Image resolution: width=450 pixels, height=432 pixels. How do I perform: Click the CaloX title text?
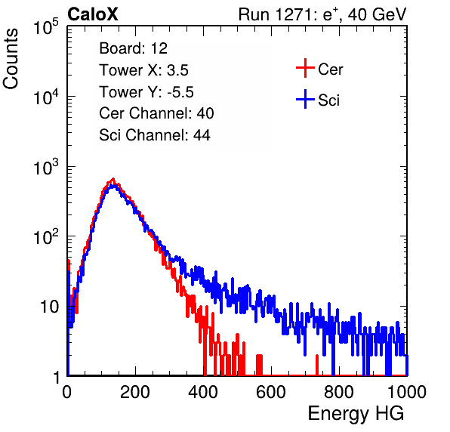pyautogui.click(x=93, y=14)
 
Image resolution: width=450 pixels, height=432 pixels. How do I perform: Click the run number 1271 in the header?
pyautogui.click(x=293, y=14)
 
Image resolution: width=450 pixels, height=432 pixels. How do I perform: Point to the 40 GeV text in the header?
pyautogui.click(x=377, y=14)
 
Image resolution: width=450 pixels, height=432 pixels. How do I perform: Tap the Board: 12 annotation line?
pyautogui.click(x=133, y=48)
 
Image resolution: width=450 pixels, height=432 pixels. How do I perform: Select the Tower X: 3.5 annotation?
pyautogui.click(x=143, y=70)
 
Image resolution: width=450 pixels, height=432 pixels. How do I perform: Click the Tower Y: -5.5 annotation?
pyautogui.click(x=146, y=92)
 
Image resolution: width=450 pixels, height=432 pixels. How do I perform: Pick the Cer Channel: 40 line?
pyautogui.click(x=156, y=113)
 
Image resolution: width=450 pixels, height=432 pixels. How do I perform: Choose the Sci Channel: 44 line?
pyautogui.click(x=155, y=135)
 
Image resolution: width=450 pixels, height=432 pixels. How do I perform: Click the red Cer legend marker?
pyautogui.click(x=305, y=68)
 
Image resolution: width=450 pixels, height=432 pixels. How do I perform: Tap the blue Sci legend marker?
pyautogui.click(x=305, y=99)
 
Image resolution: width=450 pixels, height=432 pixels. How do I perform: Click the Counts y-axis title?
pyautogui.click(x=11, y=59)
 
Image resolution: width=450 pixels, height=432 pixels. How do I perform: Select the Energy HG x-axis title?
pyautogui.click(x=356, y=414)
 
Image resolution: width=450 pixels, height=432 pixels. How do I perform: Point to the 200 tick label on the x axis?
pyautogui.click(x=135, y=392)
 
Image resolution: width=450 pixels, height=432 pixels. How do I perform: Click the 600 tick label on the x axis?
pyautogui.click(x=271, y=392)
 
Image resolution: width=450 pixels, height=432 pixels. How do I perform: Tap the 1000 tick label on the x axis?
pyautogui.click(x=407, y=392)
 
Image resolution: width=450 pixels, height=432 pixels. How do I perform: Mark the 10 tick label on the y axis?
pyautogui.click(x=50, y=307)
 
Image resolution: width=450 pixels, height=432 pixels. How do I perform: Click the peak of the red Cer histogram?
pyautogui.click(x=113, y=179)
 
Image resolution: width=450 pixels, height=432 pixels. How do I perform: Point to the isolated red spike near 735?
pyautogui.click(x=317, y=365)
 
